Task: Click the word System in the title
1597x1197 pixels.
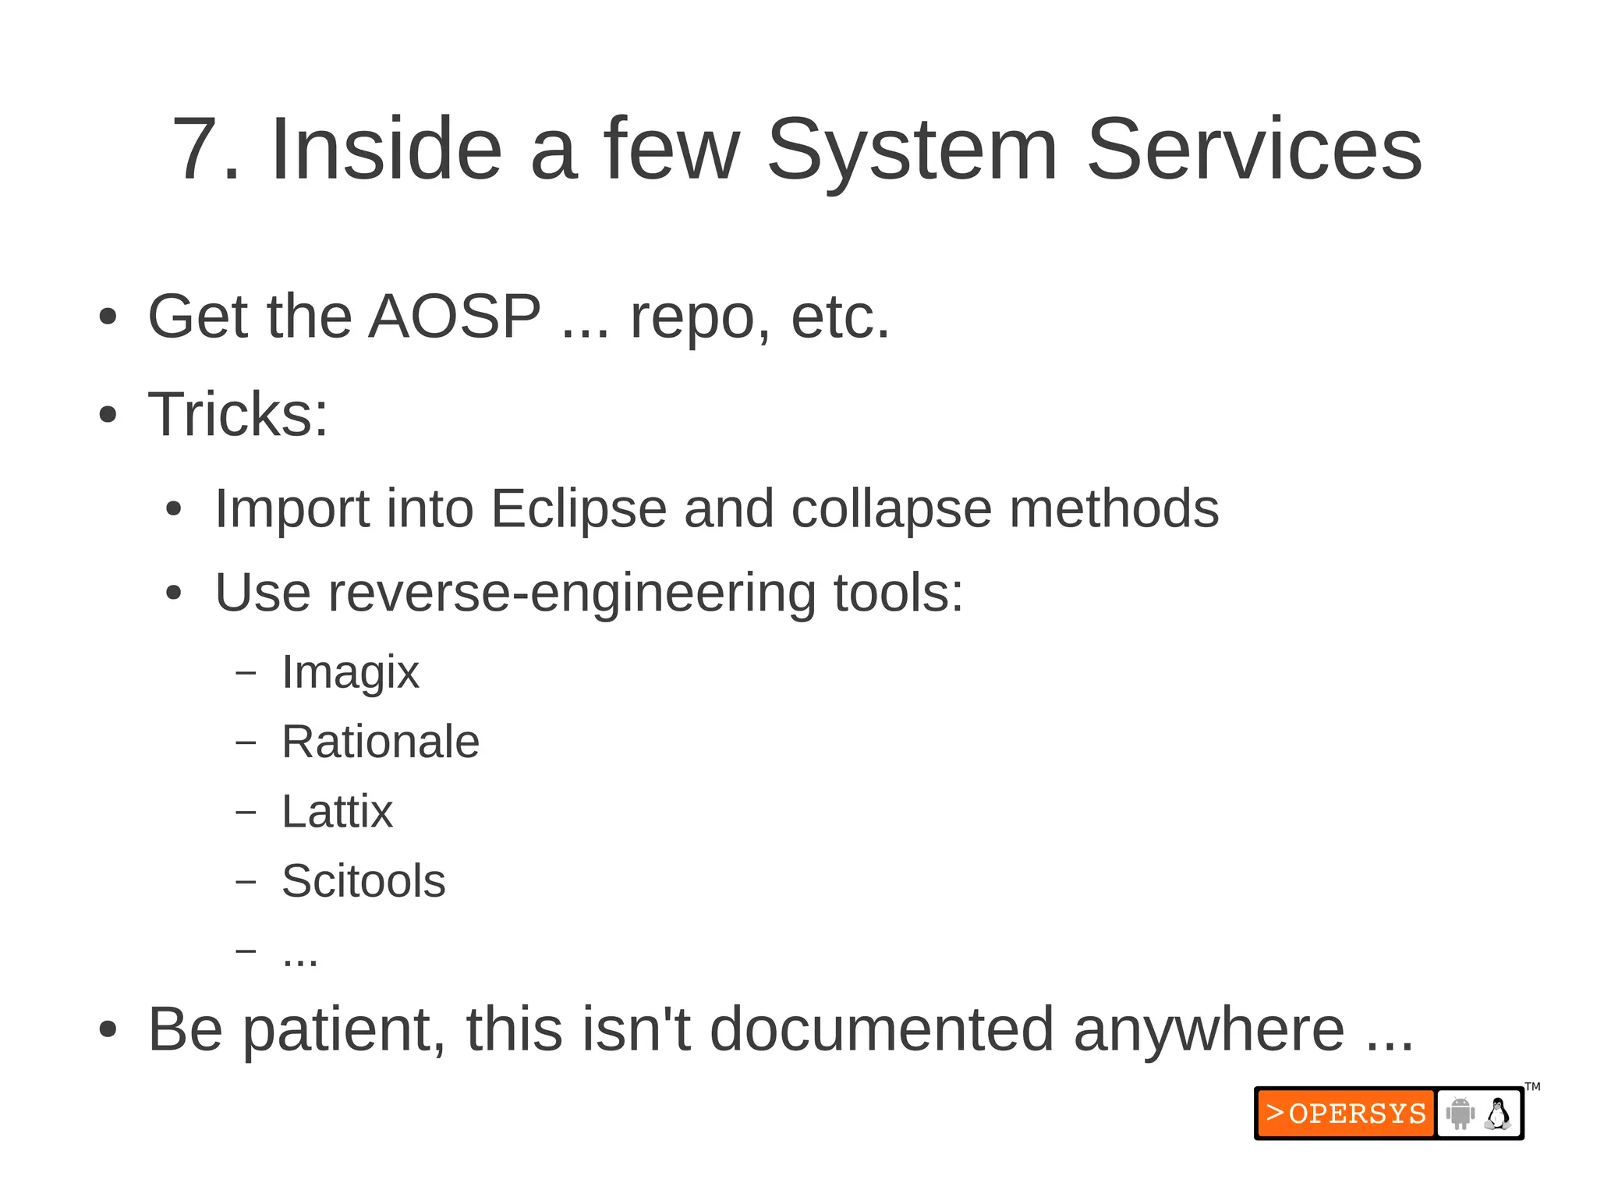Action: tap(912, 150)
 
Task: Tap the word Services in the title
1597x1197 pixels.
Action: tap(1254, 150)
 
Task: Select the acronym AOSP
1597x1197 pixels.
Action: tap(455, 317)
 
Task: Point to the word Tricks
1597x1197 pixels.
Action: tap(238, 414)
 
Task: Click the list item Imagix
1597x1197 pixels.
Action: tap(350, 672)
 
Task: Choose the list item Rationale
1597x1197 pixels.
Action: tap(380, 742)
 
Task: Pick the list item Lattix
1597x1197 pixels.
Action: tap(337, 812)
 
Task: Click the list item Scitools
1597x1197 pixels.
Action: tap(363, 881)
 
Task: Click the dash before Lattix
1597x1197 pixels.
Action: tap(246, 812)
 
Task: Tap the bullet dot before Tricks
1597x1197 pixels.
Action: tap(108, 415)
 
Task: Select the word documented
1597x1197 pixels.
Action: tap(883, 1030)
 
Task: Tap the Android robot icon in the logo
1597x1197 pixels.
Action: tap(1460, 1114)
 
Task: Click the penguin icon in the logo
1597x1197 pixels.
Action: tap(1497, 1114)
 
